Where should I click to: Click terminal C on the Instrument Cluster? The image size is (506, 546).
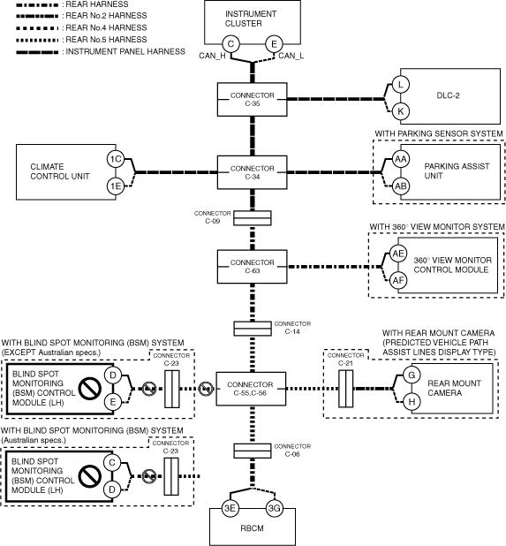pos(230,44)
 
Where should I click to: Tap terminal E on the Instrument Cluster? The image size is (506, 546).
pos(275,44)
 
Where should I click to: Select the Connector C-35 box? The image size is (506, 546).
pos(253,99)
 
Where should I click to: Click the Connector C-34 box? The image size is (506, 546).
pos(253,172)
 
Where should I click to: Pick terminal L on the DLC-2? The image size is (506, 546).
pos(401,85)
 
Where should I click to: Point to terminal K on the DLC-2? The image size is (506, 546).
pos(401,111)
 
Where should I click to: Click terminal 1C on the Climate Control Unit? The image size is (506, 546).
pos(116,159)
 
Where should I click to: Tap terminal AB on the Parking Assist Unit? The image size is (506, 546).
pos(401,186)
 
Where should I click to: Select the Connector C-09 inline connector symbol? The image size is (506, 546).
pos(253,218)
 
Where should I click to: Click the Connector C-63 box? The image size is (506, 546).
pos(253,267)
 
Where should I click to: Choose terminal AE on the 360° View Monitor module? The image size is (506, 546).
pos(398,254)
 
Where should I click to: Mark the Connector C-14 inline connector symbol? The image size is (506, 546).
pos(253,329)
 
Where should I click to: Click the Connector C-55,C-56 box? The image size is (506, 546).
pos(251,389)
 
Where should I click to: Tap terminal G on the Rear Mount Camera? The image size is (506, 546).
pos(412,375)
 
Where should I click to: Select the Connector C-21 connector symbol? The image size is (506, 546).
pos(345,389)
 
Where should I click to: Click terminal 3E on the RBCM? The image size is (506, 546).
pos(230,508)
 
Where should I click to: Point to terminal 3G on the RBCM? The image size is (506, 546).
pos(275,508)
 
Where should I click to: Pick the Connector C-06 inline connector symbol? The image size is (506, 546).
pos(253,451)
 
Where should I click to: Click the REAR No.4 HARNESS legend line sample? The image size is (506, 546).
pos(37,28)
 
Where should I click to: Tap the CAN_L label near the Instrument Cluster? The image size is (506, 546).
pos(291,56)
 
